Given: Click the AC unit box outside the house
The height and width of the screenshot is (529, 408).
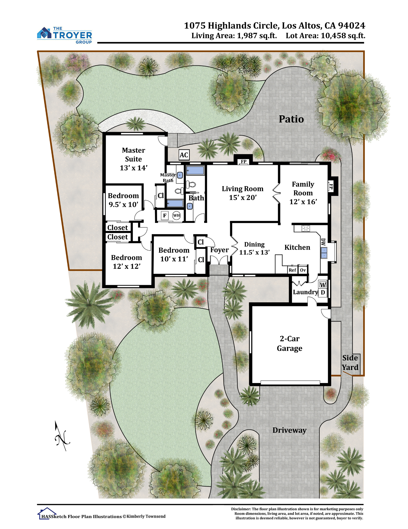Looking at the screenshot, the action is point(184,155).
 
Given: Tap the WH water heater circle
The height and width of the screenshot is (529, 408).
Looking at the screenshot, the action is point(176,215).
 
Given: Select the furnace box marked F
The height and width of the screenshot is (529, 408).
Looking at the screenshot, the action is point(165,215).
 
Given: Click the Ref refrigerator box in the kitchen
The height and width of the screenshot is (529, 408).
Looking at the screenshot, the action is point(292,270).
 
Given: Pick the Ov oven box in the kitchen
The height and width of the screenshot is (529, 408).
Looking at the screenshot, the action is point(303,270).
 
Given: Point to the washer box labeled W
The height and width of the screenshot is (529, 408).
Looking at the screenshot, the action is point(323,285).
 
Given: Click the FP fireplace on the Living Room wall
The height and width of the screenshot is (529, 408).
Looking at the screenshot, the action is point(243,161).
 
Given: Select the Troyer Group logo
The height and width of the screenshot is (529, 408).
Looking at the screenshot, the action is point(65,35).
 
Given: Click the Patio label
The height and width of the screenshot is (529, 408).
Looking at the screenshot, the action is point(291,119).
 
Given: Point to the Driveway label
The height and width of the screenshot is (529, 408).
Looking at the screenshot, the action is point(289,430).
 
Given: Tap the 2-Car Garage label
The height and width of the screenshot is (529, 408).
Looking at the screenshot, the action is point(289,343).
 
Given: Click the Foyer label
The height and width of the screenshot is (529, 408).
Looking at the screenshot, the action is point(219,250).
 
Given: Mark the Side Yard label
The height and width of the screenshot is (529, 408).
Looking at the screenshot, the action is point(350,363).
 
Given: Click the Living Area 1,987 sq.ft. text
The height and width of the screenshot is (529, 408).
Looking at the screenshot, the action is point(234,36).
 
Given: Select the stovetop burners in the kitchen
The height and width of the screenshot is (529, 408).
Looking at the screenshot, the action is point(306,228).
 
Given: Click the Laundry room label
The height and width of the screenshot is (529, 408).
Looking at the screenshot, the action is point(305,292).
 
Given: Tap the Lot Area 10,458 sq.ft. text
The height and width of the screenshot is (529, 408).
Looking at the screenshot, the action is point(325,36).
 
